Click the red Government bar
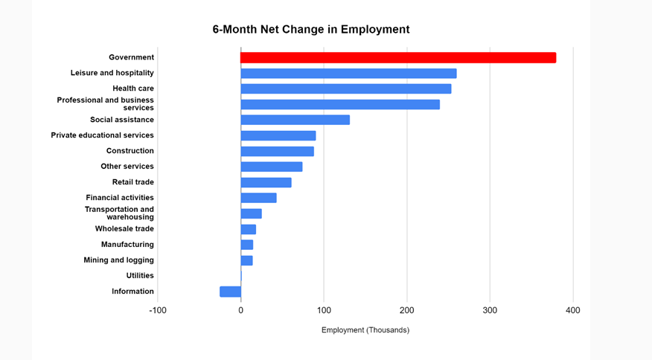tap(398, 58)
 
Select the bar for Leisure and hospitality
tap(348, 74)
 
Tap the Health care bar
tap(346, 89)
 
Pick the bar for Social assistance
tap(295, 120)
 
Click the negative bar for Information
tap(231, 292)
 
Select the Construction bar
tap(277, 151)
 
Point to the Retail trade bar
tap(266, 182)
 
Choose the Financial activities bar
tap(258, 198)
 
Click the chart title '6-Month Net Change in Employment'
tap(311, 30)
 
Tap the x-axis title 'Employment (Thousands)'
tap(365, 330)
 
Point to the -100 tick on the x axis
tap(158, 310)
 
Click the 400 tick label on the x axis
tap(572, 310)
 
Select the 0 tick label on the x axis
tap(240, 310)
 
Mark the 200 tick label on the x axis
tap(406, 310)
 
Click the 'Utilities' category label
tap(140, 276)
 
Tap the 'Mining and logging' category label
tap(119, 260)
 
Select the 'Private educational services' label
tap(103, 135)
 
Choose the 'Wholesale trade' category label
tap(124, 229)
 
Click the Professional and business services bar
tap(340, 105)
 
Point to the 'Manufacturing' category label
tap(127, 245)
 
